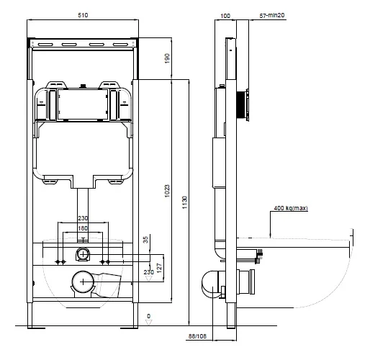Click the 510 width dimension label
pyautogui.click(x=83, y=15)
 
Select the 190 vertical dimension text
pyautogui.click(x=167, y=58)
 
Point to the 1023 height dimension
pyautogui.click(x=167, y=191)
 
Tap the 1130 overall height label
pyautogui.click(x=184, y=202)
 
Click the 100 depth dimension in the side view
pyautogui.click(x=225, y=16)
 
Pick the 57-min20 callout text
pyautogui.click(x=272, y=15)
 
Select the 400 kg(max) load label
pyautogui.click(x=291, y=208)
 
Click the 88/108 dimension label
pyautogui.click(x=197, y=336)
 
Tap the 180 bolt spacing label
pyautogui.click(x=83, y=228)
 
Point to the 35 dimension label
pyautogui.click(x=145, y=240)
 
